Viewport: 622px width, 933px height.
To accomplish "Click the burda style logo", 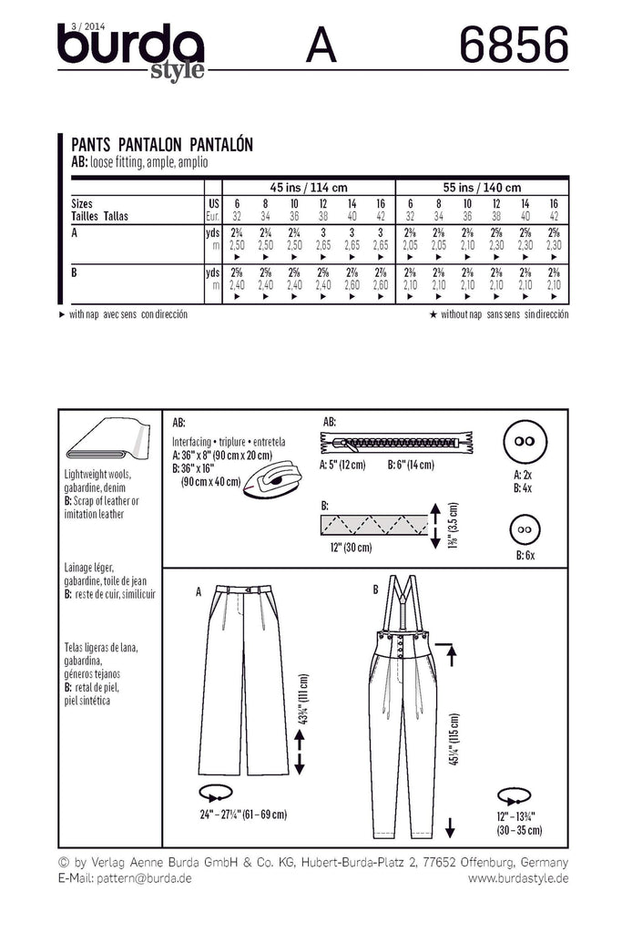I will pos(132,51).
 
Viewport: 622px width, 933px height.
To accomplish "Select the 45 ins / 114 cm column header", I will pos(309,186).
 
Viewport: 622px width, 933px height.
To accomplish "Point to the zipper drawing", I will pos(395,445).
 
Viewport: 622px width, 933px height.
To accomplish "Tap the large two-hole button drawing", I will pos(524,440).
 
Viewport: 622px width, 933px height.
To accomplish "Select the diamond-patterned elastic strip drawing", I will pos(372,524).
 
